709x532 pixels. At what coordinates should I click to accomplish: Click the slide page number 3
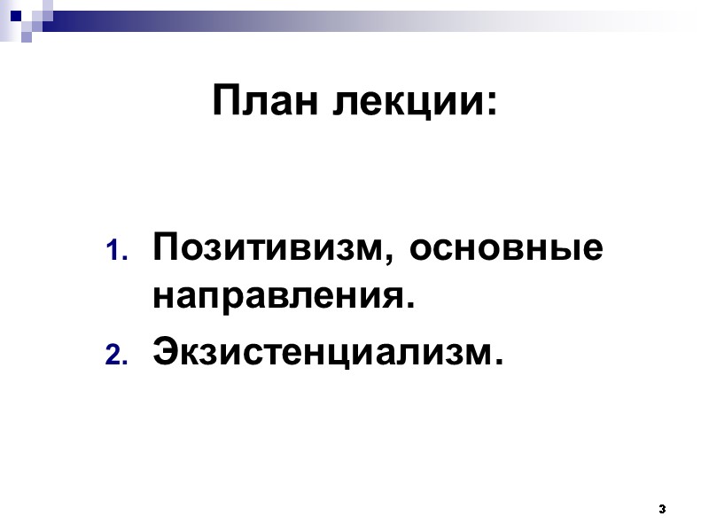click(x=662, y=510)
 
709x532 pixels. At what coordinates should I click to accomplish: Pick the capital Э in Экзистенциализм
click(x=166, y=352)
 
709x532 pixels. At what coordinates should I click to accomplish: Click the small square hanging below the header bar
click(x=27, y=36)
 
